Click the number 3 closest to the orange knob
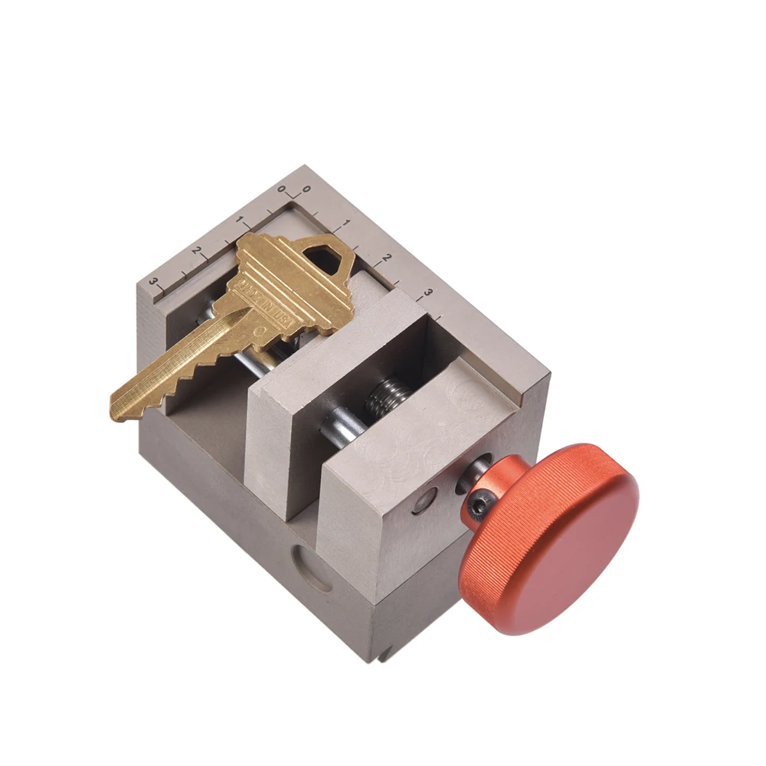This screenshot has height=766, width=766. [427, 293]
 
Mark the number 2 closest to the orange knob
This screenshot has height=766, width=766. [387, 258]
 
